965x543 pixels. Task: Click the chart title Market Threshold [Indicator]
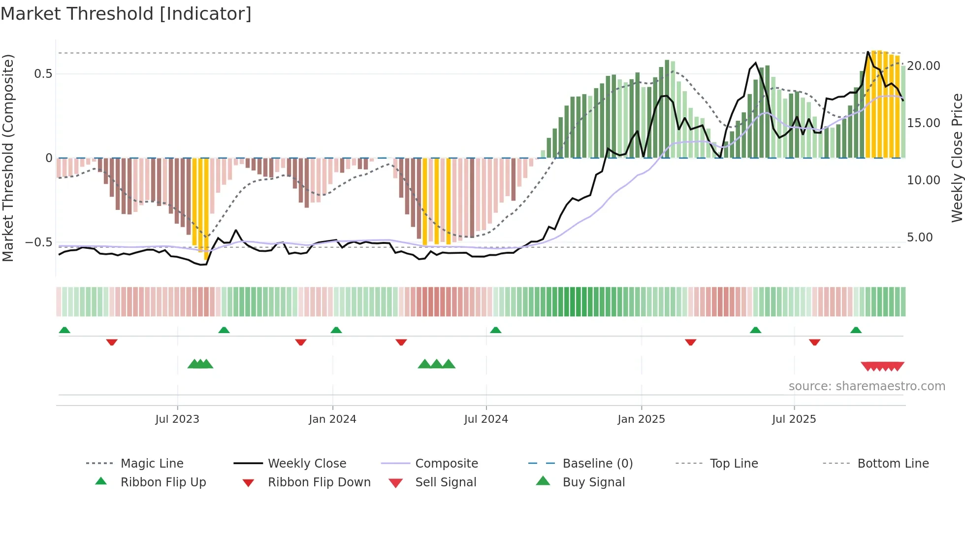[x=126, y=14]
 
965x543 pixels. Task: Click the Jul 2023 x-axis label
[x=177, y=419]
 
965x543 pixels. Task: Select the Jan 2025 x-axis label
[x=641, y=419]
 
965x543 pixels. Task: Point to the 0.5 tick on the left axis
[x=43, y=74]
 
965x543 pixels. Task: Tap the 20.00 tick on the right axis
[x=923, y=66]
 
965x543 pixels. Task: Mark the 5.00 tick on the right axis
[x=919, y=238]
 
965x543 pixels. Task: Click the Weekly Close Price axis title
[x=957, y=158]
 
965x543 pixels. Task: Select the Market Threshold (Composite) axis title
[x=8, y=158]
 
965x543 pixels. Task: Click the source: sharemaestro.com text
[x=867, y=386]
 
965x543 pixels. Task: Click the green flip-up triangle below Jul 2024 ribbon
[x=495, y=330]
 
